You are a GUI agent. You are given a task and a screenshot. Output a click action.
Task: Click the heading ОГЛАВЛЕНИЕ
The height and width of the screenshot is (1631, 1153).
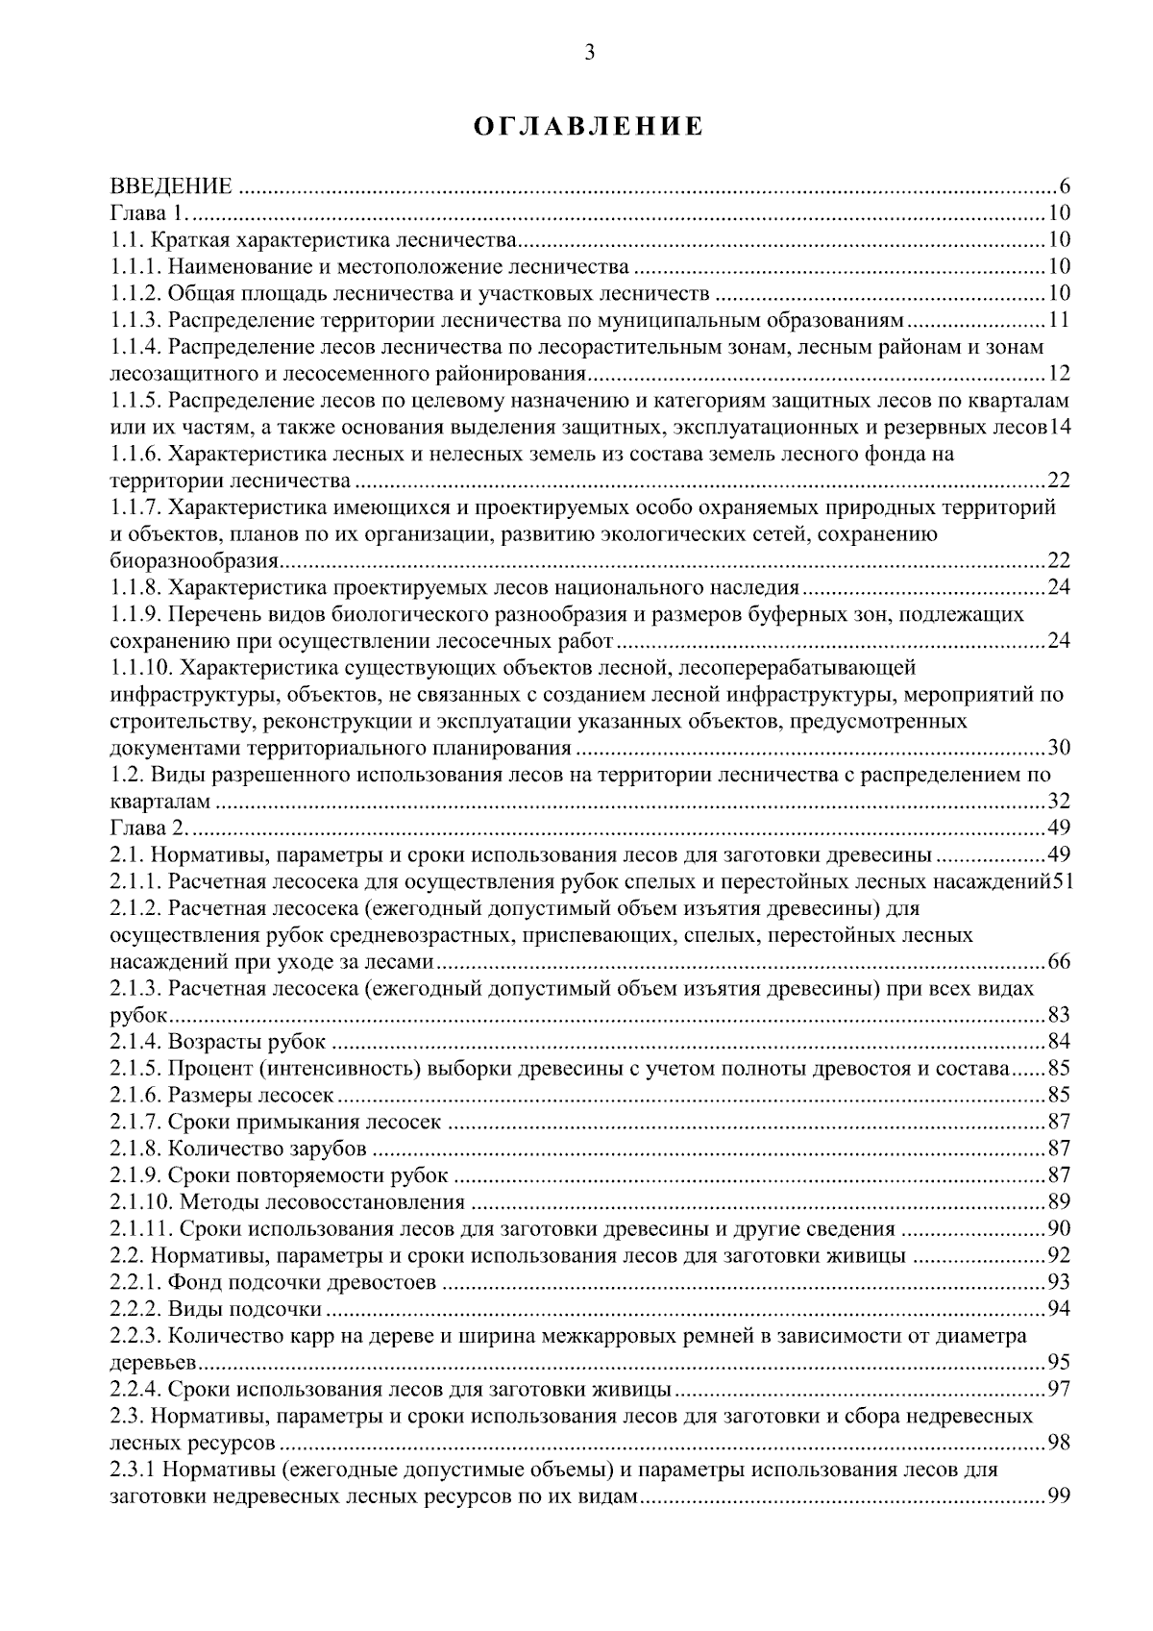(x=589, y=128)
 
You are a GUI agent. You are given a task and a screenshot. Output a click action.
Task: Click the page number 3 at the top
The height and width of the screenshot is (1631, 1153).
(x=589, y=54)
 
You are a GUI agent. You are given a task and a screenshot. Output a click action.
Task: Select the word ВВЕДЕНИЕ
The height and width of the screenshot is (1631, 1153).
(x=171, y=186)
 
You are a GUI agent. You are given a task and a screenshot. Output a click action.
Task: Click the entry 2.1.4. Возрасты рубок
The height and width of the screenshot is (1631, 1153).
(x=218, y=1042)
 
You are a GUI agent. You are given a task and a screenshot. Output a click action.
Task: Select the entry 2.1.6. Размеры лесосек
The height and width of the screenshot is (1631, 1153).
(x=223, y=1095)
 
